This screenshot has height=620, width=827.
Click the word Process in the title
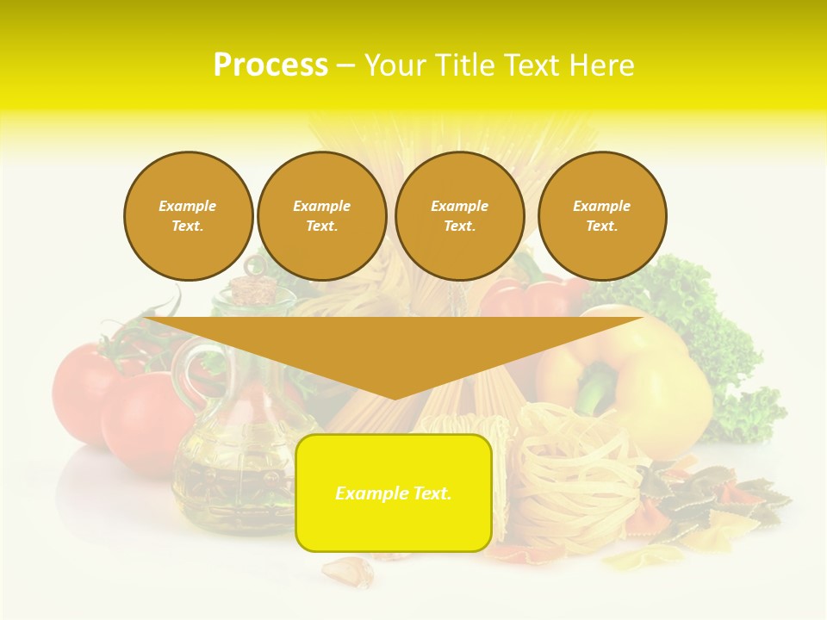click(x=270, y=65)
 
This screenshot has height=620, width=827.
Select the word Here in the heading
click(x=600, y=65)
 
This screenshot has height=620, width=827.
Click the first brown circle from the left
click(x=189, y=216)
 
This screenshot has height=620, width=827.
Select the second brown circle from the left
click(x=322, y=216)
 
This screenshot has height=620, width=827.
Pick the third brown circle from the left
click(x=460, y=216)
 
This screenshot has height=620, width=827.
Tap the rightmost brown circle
click(x=602, y=216)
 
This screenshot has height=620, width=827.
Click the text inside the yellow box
click(x=394, y=493)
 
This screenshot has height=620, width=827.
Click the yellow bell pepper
click(x=655, y=379)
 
